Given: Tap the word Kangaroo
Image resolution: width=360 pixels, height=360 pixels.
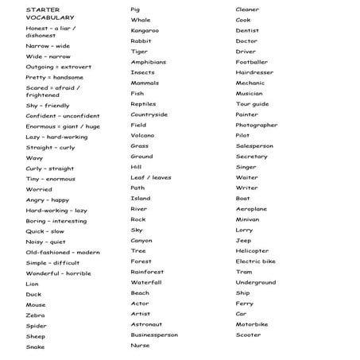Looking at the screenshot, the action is coord(145,30).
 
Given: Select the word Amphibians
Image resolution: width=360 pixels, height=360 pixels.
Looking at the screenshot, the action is coord(149,62).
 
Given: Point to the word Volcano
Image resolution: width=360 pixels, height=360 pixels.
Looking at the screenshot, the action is coord(142,135).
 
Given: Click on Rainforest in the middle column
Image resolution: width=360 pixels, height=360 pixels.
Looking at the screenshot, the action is coord(147,272).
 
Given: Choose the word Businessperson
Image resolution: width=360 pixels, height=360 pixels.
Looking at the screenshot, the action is coord(154,335).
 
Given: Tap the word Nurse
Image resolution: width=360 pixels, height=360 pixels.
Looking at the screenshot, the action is coord(140,346).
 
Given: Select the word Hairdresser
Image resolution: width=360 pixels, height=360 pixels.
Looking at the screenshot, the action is coord(254,72).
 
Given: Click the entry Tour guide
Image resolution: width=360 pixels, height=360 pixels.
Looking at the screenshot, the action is coord(252,104).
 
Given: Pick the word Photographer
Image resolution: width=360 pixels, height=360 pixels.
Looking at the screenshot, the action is coord(256,125).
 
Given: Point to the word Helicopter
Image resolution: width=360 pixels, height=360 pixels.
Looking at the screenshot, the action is coord(252,251).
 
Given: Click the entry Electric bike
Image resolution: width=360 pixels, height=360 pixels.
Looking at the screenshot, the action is coord(255,261).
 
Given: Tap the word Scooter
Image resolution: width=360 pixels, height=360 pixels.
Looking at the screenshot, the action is coord(248,335).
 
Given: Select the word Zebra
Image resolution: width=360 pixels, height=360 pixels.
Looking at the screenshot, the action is coord(35,315).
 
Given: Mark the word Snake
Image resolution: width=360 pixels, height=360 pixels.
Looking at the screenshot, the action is coord(35,347).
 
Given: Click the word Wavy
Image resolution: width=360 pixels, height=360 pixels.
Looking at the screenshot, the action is coord(34,158).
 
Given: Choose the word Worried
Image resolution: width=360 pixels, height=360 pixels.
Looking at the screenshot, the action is coord(38,190).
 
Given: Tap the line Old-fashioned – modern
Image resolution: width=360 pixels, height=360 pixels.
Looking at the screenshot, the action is coord(63,253).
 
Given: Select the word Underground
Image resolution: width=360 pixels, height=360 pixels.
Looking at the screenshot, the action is coord(256,282).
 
